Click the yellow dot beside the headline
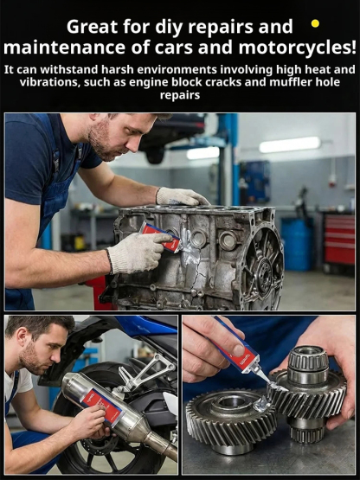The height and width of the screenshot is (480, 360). pyautogui.click(x=315, y=23)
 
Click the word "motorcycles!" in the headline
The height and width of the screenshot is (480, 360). pyautogui.click(x=297, y=48)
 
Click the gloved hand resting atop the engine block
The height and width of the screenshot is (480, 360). pyautogui.click(x=181, y=196)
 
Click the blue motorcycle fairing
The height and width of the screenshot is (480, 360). pyautogui.click(x=147, y=326)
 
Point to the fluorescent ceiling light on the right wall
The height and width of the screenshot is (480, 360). pyautogui.click(x=290, y=144)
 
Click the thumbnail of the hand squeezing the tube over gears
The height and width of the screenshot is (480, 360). pyautogui.click(x=238, y=349)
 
